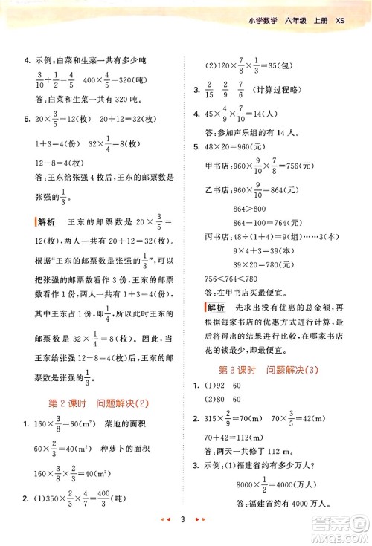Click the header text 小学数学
(265, 21)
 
